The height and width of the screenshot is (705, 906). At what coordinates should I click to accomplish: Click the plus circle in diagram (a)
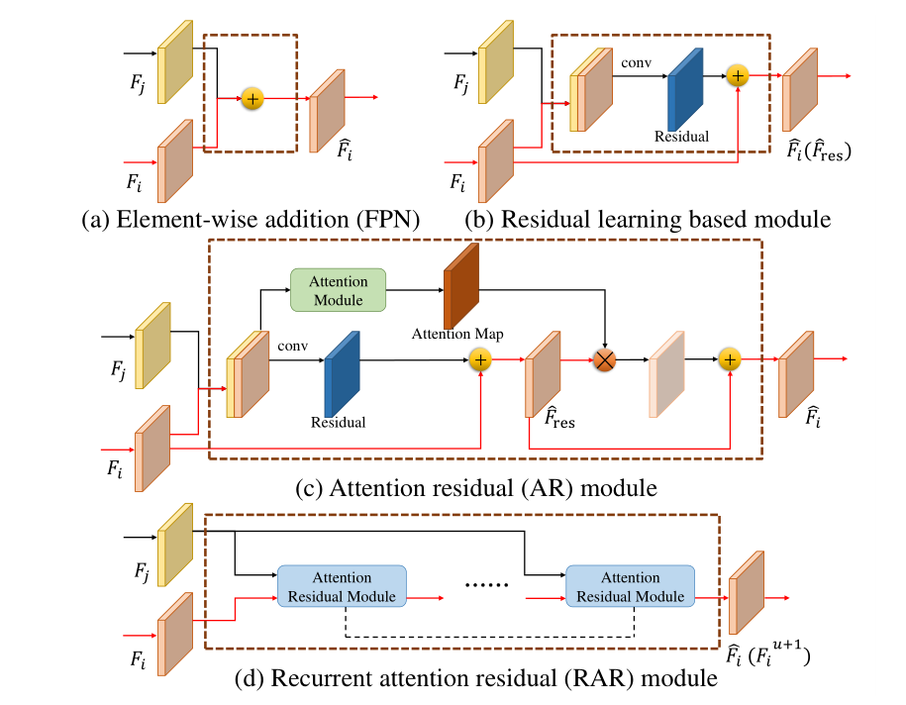[252, 98]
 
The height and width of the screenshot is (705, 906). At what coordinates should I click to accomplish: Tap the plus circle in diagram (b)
[737, 75]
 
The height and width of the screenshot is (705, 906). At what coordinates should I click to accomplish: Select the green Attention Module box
[338, 290]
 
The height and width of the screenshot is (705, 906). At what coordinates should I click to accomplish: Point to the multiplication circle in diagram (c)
[603, 359]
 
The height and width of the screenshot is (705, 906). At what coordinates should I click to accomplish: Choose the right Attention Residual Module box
[630, 587]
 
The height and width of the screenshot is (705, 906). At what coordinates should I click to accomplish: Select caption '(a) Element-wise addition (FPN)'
[252, 220]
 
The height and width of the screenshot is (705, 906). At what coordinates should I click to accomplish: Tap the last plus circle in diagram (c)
[730, 359]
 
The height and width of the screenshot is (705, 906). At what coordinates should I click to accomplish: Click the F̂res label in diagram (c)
[557, 418]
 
